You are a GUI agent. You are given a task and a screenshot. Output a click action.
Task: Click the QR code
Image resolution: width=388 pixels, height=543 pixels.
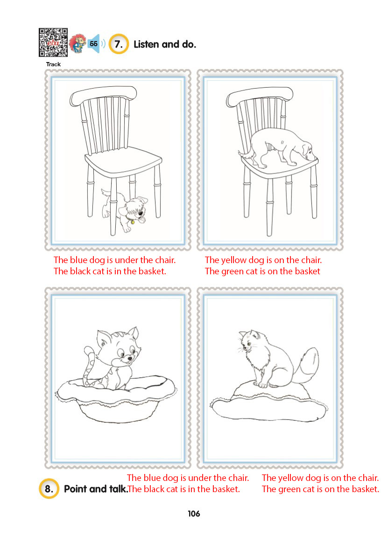pos(53,42)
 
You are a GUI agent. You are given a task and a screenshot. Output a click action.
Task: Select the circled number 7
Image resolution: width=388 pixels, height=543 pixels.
pos(119,44)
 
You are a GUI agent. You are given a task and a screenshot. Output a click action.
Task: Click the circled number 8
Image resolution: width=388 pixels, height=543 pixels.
pos(49,488)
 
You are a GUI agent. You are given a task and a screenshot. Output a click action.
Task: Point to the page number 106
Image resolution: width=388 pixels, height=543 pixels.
pos(194,514)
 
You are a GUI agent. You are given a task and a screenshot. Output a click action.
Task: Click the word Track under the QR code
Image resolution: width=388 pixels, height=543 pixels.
pos(53,64)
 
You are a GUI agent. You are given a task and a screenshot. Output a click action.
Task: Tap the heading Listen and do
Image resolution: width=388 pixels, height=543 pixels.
pos(165,44)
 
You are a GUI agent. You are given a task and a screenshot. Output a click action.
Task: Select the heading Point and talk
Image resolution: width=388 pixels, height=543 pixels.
pos(96,489)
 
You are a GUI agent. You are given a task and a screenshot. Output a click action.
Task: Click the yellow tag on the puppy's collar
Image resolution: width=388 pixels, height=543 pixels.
pos(133,222)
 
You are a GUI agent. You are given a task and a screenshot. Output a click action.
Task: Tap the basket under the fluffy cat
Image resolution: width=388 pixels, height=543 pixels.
pos(269,401)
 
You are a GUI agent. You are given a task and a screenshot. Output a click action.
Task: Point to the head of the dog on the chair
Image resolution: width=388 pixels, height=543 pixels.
pos(306,149)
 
